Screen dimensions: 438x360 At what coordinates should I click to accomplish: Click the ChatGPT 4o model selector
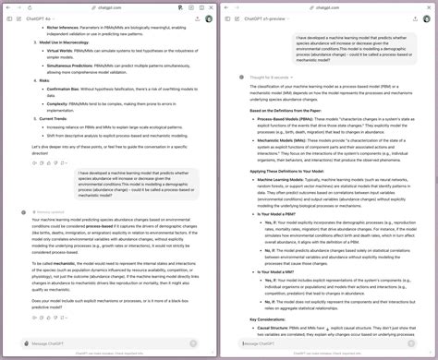pyautogui.click(x=43, y=18)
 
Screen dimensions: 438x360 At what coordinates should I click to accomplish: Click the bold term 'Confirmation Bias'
pyautogui.click(x=64, y=87)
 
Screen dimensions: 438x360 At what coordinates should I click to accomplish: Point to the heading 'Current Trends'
pyautogui.click(x=56, y=117)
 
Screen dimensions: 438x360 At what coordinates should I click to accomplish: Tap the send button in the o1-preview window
pyautogui.click(x=422, y=343)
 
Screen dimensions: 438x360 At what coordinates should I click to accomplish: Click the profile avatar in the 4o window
pyautogui.click(x=208, y=18)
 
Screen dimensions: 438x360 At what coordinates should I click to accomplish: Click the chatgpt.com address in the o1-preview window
pyautogui.click(x=327, y=5)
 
